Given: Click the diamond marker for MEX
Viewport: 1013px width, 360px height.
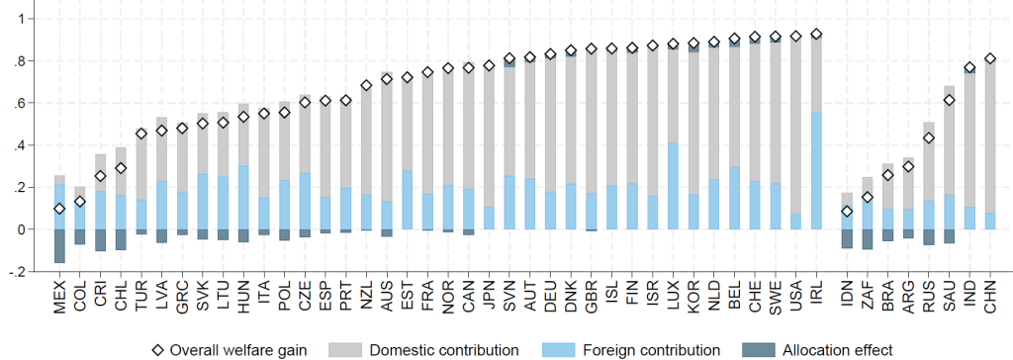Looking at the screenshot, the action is click(59, 209).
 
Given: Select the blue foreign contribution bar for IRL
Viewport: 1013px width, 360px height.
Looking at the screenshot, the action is click(816, 171).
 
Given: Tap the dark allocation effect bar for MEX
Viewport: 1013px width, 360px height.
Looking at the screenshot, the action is click(59, 246).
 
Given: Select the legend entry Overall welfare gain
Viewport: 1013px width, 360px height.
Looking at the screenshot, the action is click(230, 350).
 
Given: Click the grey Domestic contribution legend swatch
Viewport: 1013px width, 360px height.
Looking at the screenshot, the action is click(345, 350).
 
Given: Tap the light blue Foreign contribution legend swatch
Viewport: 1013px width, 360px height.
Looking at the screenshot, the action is click(559, 350).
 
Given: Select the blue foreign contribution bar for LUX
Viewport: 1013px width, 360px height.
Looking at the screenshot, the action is click(673, 186).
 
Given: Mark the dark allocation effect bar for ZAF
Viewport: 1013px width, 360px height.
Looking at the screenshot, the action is click(866, 239).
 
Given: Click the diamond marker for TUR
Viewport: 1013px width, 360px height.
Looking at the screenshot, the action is click(141, 134).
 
